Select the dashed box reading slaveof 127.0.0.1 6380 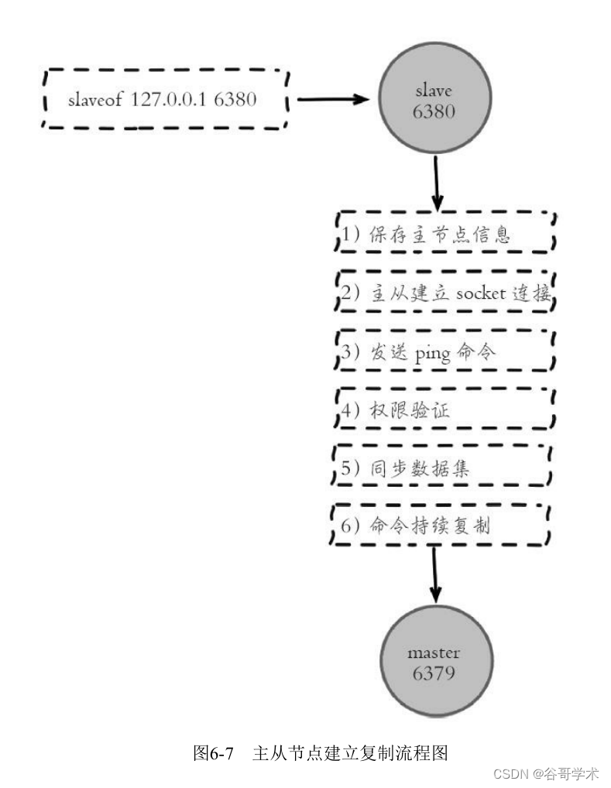(x=165, y=100)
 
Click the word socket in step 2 (x=480, y=293)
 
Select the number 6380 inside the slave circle (x=434, y=111)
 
